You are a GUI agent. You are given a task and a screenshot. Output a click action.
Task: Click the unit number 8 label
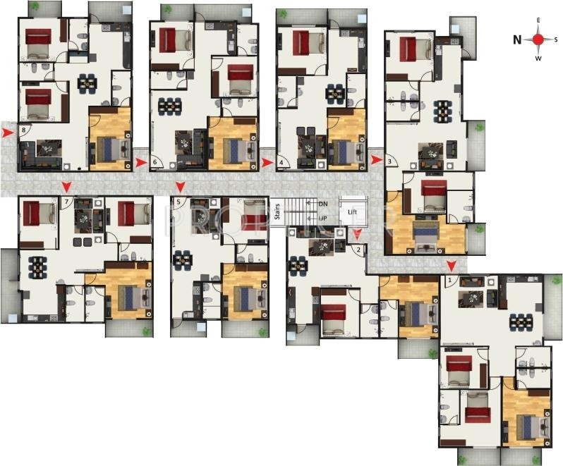click(24, 130)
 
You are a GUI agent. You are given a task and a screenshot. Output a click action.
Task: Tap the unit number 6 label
click(155, 162)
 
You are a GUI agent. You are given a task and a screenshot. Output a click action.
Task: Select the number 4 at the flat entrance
click(281, 163)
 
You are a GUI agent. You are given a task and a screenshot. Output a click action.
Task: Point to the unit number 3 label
click(389, 161)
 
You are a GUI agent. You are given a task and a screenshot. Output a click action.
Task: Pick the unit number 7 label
click(67, 202)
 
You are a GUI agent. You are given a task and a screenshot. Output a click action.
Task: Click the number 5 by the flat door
click(178, 202)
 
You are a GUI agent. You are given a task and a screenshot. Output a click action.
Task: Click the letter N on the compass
click(517, 39)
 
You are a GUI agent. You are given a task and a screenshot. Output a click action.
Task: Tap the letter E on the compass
click(538, 21)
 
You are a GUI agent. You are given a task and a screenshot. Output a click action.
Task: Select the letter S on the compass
click(557, 39)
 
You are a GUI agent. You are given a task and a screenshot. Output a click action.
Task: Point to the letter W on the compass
click(538, 59)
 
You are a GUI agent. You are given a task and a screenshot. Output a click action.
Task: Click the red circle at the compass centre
click(538, 39)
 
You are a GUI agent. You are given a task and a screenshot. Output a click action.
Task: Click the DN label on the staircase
click(323, 204)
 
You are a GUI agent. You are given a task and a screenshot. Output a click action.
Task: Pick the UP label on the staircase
click(323, 219)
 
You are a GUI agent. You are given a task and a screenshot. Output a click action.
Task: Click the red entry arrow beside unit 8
click(8, 132)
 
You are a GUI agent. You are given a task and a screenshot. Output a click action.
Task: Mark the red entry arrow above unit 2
click(357, 233)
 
